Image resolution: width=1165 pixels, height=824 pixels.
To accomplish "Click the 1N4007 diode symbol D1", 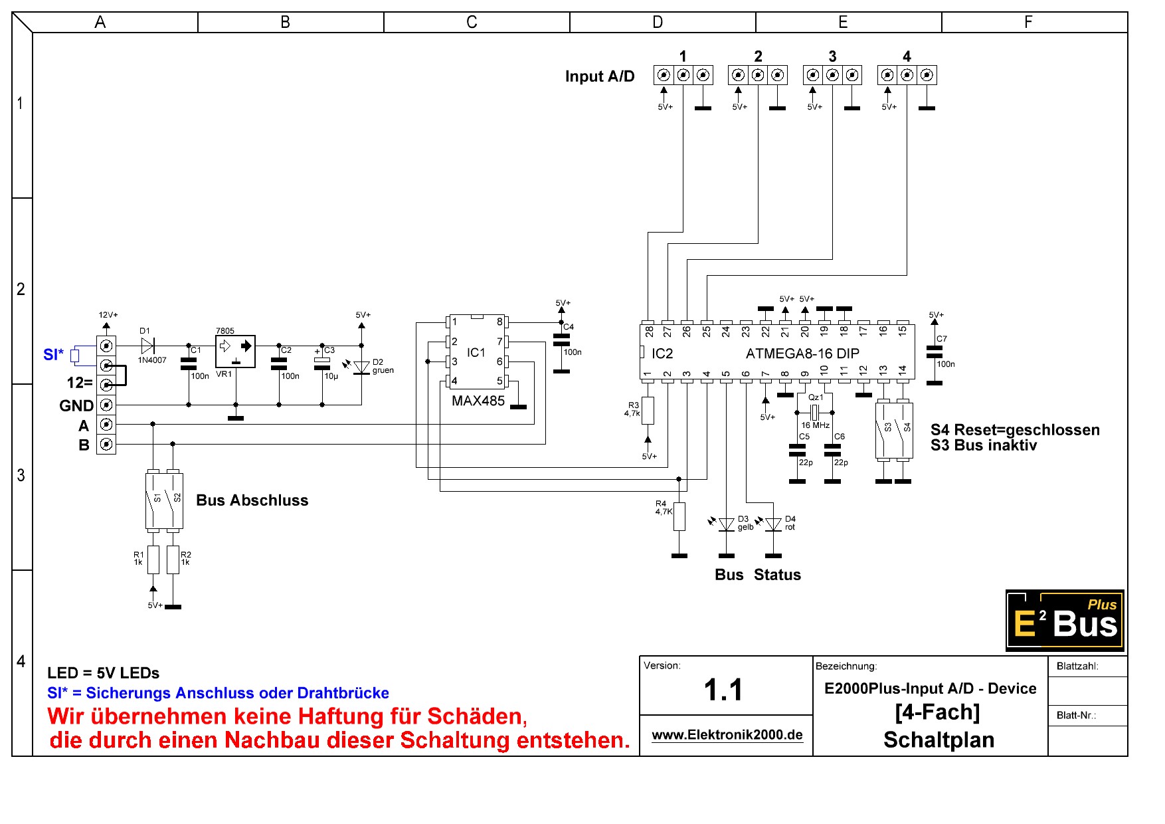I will [x=147, y=346].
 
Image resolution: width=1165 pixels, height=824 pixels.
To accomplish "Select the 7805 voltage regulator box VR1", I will [x=235, y=352].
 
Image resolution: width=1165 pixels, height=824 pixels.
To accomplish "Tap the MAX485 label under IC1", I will [x=478, y=401].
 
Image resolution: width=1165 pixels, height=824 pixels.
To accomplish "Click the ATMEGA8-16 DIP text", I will [x=802, y=354].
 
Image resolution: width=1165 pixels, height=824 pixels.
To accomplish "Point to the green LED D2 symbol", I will [x=361, y=367].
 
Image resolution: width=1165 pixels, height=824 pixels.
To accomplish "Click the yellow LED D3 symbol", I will [x=727, y=525].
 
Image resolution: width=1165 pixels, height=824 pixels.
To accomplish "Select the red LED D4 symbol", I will [x=773, y=525].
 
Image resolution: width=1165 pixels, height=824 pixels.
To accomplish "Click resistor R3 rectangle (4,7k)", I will [x=648, y=411].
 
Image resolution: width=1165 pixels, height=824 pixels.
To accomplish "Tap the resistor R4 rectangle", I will [x=679, y=516].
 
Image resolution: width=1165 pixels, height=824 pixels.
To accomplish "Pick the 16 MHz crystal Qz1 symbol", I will [x=814, y=412].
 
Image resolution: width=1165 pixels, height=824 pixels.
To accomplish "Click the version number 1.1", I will [x=723, y=690].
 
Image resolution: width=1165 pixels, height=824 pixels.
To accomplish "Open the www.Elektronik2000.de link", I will [x=727, y=735].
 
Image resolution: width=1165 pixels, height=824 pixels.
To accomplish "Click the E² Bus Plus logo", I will [x=1065, y=620].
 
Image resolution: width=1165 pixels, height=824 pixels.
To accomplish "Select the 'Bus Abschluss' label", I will [x=252, y=500].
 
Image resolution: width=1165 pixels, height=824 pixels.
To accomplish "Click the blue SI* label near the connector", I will [x=53, y=355].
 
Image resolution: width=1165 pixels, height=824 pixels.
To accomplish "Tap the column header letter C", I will [x=472, y=23].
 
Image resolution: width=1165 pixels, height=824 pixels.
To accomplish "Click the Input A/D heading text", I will [x=600, y=76].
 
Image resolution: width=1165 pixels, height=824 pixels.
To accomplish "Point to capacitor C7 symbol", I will [x=935, y=352].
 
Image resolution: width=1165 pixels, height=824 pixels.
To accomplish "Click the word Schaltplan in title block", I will [x=939, y=740].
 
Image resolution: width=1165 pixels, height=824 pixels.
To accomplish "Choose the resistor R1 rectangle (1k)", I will [x=153, y=560].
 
